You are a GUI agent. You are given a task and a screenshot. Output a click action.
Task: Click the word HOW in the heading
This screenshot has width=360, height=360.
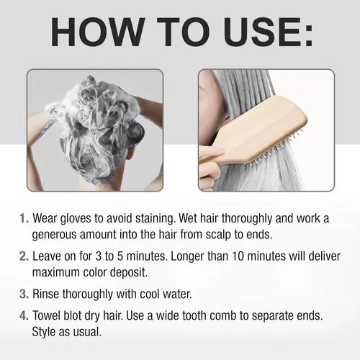click(98, 32)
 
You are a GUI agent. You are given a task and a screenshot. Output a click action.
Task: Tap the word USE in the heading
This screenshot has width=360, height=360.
click(261, 32)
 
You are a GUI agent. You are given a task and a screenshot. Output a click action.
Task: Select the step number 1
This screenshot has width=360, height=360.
click(24, 218)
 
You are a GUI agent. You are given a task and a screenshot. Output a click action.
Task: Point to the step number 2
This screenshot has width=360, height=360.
click(24, 256)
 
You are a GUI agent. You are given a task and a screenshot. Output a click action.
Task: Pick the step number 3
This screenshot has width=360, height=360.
click(24, 294)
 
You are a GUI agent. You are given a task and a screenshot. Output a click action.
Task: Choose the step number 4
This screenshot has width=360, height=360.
click(24, 315)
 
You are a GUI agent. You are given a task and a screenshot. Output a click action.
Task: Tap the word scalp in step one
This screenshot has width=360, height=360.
click(218, 235)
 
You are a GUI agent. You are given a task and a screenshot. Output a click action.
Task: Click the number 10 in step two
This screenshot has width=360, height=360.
click(238, 256)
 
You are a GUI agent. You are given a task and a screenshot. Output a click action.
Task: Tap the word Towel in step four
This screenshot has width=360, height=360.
click(46, 315)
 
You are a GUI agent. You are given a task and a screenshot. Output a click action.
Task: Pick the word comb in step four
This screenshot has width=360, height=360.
click(223, 315)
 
